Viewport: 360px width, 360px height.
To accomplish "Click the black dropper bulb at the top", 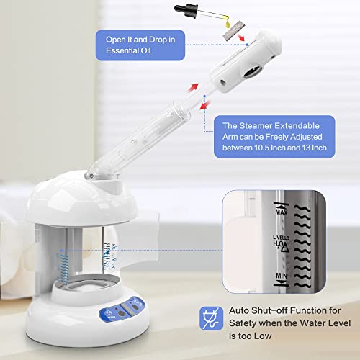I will point(182,7).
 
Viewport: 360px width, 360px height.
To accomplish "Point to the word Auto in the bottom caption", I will point(243,311).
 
